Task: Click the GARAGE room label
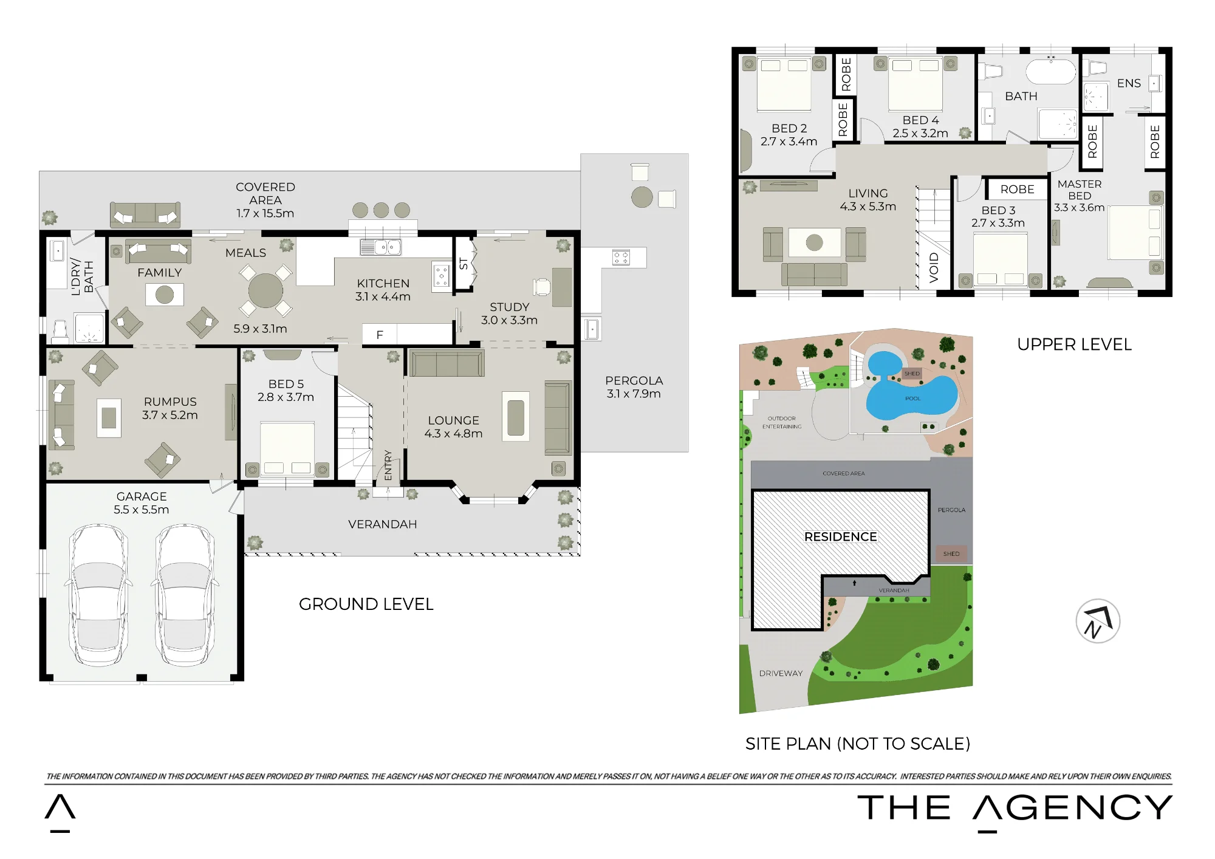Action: pos(142,496)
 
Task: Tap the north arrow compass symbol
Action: pos(1098,621)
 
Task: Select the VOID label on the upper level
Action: pos(934,268)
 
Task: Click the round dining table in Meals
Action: pos(265,290)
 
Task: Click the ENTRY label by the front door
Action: pos(388,465)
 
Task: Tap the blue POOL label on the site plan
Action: pos(912,399)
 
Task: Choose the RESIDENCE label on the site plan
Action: pos(840,536)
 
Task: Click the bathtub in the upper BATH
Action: pos(1051,71)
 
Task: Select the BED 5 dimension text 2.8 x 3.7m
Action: pos(286,397)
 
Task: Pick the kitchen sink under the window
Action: pos(380,247)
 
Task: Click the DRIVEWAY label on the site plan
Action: pos(781,673)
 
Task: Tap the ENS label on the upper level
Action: pos(1129,83)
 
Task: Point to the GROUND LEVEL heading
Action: pos(366,604)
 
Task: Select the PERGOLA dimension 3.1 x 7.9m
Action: pos(634,394)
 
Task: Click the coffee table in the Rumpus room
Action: pos(109,417)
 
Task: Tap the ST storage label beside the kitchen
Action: pos(464,264)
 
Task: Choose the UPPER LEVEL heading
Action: pos(1074,344)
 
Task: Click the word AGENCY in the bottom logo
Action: pos(1073,807)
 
